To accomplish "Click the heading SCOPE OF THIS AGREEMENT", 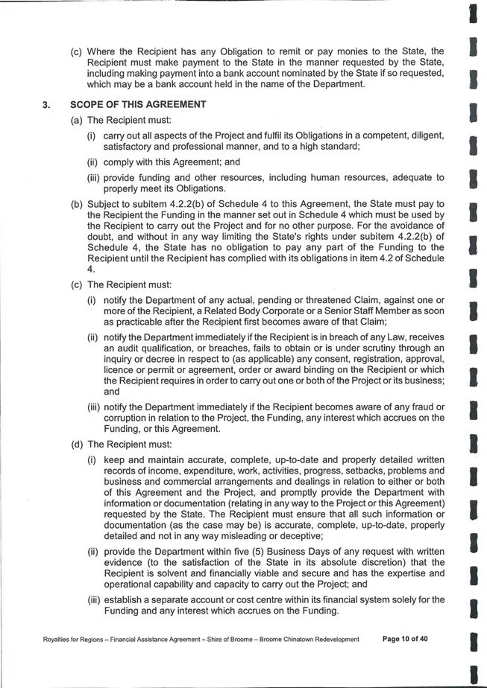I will coord(138,105).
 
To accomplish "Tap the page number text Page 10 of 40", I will coord(405,639).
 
